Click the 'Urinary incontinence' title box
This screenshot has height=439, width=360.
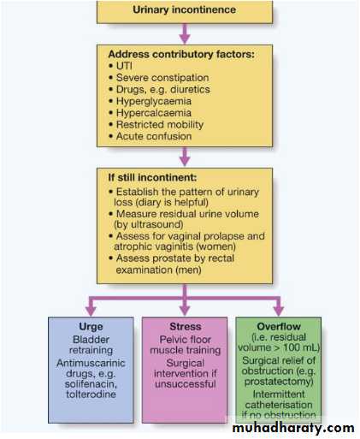point(185,11)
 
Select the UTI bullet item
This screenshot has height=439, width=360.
point(121,66)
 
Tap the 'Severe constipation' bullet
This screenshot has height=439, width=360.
point(159,78)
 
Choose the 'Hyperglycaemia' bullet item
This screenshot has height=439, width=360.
point(150,101)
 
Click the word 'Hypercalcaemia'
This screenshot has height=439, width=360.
point(154,113)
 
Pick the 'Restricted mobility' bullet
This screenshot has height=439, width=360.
point(156,125)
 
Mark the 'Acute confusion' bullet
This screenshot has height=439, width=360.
point(150,136)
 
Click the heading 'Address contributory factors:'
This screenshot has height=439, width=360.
point(181,54)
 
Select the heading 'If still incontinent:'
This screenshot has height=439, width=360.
point(152,178)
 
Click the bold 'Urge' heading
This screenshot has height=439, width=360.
point(91,327)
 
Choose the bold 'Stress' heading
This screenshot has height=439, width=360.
point(186,327)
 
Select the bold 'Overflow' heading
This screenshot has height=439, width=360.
point(279,327)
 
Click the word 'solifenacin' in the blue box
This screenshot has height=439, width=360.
point(91,384)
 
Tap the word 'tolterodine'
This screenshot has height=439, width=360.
point(91,395)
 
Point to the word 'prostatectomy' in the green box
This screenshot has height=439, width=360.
point(278,382)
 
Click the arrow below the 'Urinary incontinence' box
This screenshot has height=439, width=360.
point(185,33)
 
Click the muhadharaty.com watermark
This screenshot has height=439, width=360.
point(293,428)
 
